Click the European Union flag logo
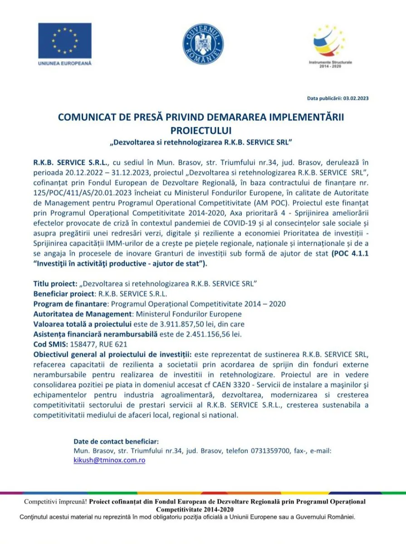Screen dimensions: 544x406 [x=65, y=40]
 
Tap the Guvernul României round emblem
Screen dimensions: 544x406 [x=203, y=44]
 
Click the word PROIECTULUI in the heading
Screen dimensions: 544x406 [x=201, y=131]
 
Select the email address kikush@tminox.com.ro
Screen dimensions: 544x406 [x=109, y=460]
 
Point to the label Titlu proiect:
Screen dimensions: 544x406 [x=55, y=283]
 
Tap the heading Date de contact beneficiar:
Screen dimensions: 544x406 [x=116, y=441]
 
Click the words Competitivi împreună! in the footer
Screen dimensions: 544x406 [x=56, y=502]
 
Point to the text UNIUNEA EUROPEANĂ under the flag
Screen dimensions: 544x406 [x=65, y=63]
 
